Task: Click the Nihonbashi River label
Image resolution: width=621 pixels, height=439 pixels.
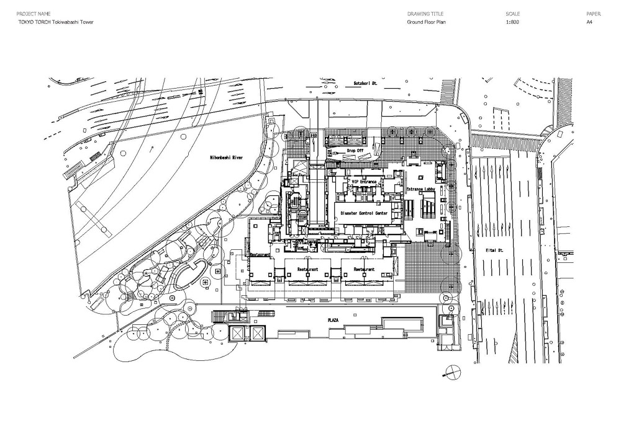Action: [225, 158]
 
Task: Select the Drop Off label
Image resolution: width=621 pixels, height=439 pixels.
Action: [355, 150]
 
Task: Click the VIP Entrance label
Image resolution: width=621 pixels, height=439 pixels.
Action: [364, 181]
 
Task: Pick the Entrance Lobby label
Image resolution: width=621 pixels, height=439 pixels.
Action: [423, 188]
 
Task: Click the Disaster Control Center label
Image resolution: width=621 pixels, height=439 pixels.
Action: [364, 213]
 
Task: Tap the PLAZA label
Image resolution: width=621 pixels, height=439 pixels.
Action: [333, 319]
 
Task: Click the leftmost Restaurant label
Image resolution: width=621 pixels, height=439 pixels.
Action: [261, 254]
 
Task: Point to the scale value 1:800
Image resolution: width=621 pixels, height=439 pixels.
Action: [512, 22]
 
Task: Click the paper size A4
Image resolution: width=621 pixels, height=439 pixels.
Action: [589, 22]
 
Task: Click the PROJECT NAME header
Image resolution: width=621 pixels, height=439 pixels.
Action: [33, 13]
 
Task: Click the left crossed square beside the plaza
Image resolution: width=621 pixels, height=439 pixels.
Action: [237, 334]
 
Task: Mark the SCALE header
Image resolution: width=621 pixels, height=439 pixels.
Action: [512, 13]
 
